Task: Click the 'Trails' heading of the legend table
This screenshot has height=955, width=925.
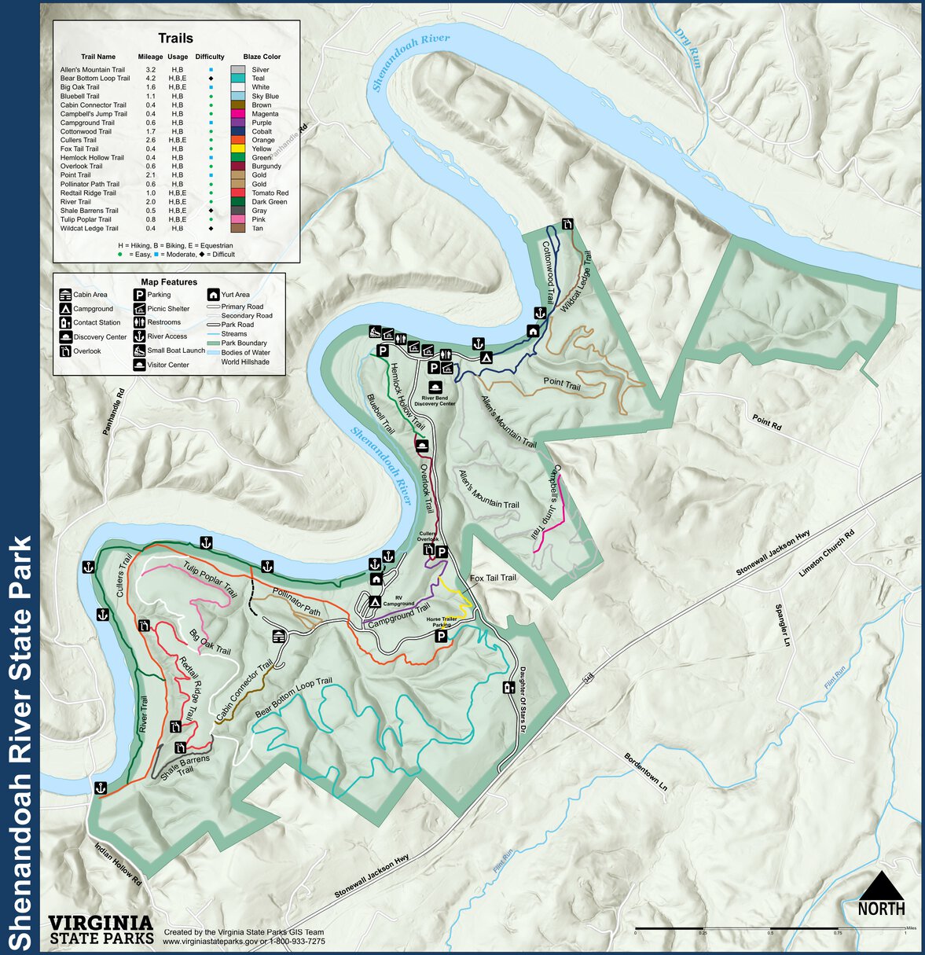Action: tap(175, 39)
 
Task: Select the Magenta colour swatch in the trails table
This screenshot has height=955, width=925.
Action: tap(238, 114)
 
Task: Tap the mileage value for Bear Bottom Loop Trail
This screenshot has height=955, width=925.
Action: tap(150, 79)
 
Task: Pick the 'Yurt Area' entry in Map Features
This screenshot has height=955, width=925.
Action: tap(235, 295)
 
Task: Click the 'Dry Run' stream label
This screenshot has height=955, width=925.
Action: tap(687, 49)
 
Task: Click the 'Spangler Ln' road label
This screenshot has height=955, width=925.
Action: tap(781, 625)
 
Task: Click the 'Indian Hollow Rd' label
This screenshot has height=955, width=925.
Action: tap(117, 865)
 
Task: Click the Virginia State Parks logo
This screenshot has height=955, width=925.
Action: tap(101, 929)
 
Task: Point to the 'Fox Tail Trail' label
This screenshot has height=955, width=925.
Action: tap(493, 578)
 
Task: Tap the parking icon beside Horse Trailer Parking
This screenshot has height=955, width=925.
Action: tap(442, 637)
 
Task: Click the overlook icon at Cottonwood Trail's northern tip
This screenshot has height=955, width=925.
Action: tap(567, 225)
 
